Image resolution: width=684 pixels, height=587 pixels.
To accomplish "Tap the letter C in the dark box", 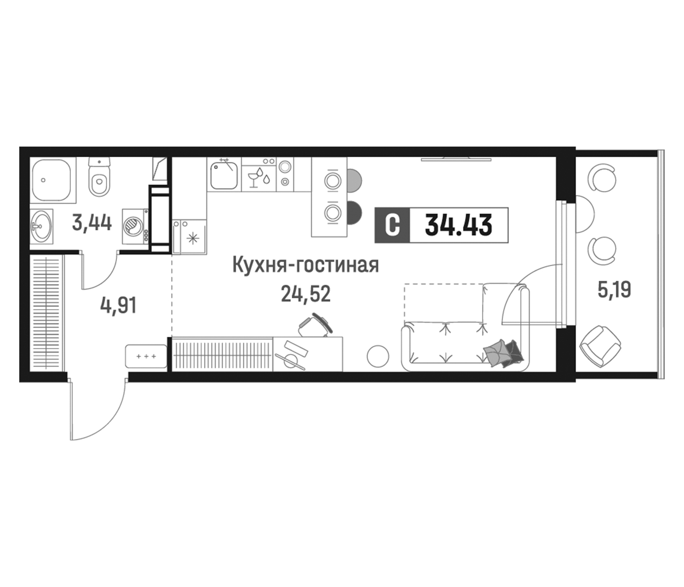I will (x=392, y=225).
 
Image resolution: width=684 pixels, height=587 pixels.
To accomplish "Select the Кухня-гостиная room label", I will (x=306, y=265).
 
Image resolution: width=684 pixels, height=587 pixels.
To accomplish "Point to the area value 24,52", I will (x=306, y=294).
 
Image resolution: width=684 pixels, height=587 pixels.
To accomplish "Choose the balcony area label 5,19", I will (x=614, y=290).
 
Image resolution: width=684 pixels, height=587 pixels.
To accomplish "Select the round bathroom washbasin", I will (x=41, y=226).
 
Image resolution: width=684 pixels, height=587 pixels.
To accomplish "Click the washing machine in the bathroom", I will (x=135, y=227).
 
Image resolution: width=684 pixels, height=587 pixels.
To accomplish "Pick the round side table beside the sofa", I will (x=378, y=356).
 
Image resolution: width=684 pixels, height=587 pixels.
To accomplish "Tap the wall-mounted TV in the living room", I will (x=456, y=159).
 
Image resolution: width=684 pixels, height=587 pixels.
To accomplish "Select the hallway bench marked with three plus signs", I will (x=146, y=356).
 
